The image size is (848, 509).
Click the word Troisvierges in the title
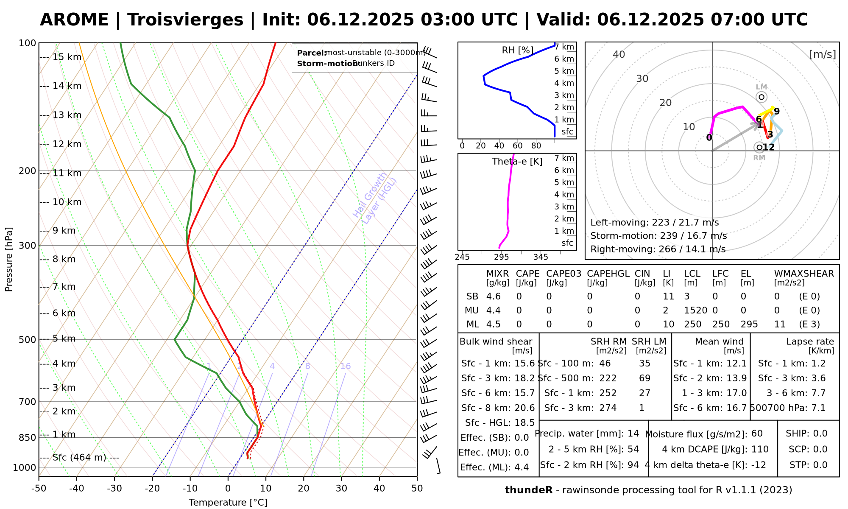tap(185, 20)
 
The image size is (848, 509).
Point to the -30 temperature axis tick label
tap(114, 489)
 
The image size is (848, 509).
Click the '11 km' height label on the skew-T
tap(67, 173)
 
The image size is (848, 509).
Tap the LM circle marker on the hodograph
tap(762, 97)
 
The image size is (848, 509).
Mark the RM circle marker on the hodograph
tap(759, 147)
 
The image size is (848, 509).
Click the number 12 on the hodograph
tap(769, 147)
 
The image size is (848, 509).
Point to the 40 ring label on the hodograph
tap(619, 54)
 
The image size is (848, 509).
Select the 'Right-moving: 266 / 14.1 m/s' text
tap(658, 249)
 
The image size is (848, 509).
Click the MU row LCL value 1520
tap(695, 310)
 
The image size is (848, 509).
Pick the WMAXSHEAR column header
tap(804, 274)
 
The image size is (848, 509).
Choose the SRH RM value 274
tap(608, 408)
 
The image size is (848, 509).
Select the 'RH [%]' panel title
tap(517, 50)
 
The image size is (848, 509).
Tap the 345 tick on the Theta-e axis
tap(541, 257)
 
